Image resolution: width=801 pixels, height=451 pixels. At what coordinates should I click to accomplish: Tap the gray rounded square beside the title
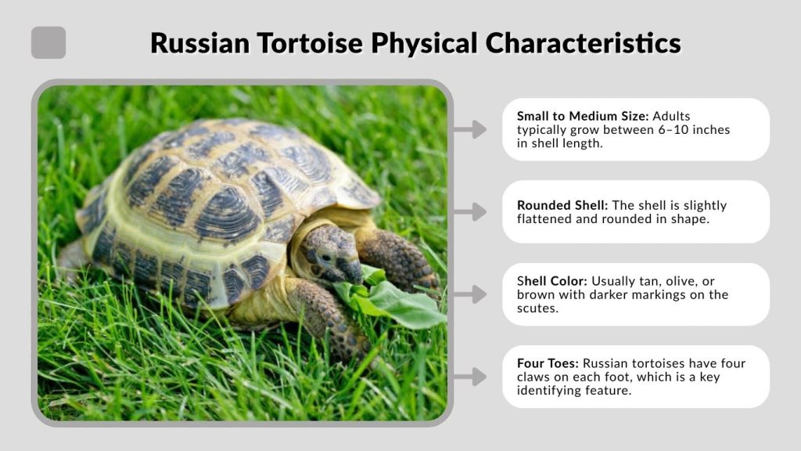point(48,43)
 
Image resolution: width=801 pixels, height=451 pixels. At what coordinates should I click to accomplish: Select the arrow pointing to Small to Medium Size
point(469,129)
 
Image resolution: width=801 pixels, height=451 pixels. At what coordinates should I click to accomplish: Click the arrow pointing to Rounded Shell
point(469,211)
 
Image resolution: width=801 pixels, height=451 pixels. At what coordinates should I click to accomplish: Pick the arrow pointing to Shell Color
point(469,294)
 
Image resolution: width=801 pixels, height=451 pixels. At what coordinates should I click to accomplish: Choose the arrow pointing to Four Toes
point(469,377)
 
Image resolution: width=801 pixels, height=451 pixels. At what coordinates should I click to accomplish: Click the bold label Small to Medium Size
point(582,116)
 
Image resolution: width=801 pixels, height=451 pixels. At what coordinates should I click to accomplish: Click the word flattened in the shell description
point(544,218)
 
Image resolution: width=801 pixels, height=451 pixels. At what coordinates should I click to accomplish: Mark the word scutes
point(536,308)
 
